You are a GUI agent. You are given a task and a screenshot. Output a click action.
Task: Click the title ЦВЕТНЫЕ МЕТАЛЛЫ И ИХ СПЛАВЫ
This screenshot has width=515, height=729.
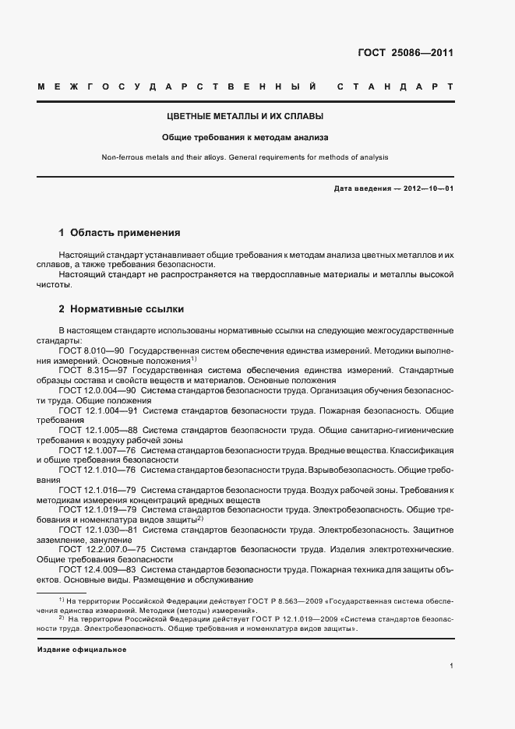[245, 117]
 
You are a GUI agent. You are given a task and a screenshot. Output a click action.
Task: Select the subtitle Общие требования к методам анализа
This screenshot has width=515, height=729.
[245, 137]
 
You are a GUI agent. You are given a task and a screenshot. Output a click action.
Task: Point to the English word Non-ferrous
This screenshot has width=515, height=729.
[120, 157]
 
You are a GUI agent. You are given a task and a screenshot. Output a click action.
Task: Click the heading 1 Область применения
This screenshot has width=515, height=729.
[120, 232]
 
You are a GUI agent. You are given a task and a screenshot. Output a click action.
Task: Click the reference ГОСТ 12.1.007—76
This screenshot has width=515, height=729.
[98, 450]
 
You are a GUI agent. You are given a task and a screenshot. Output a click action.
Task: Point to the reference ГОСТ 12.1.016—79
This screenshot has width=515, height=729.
[98, 490]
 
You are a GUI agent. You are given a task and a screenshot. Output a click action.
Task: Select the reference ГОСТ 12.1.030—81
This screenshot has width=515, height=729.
[98, 530]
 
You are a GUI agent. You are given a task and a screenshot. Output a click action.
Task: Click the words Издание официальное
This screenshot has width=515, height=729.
[82, 649]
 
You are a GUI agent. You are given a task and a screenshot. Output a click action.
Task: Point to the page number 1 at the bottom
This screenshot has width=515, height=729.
[452, 666]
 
